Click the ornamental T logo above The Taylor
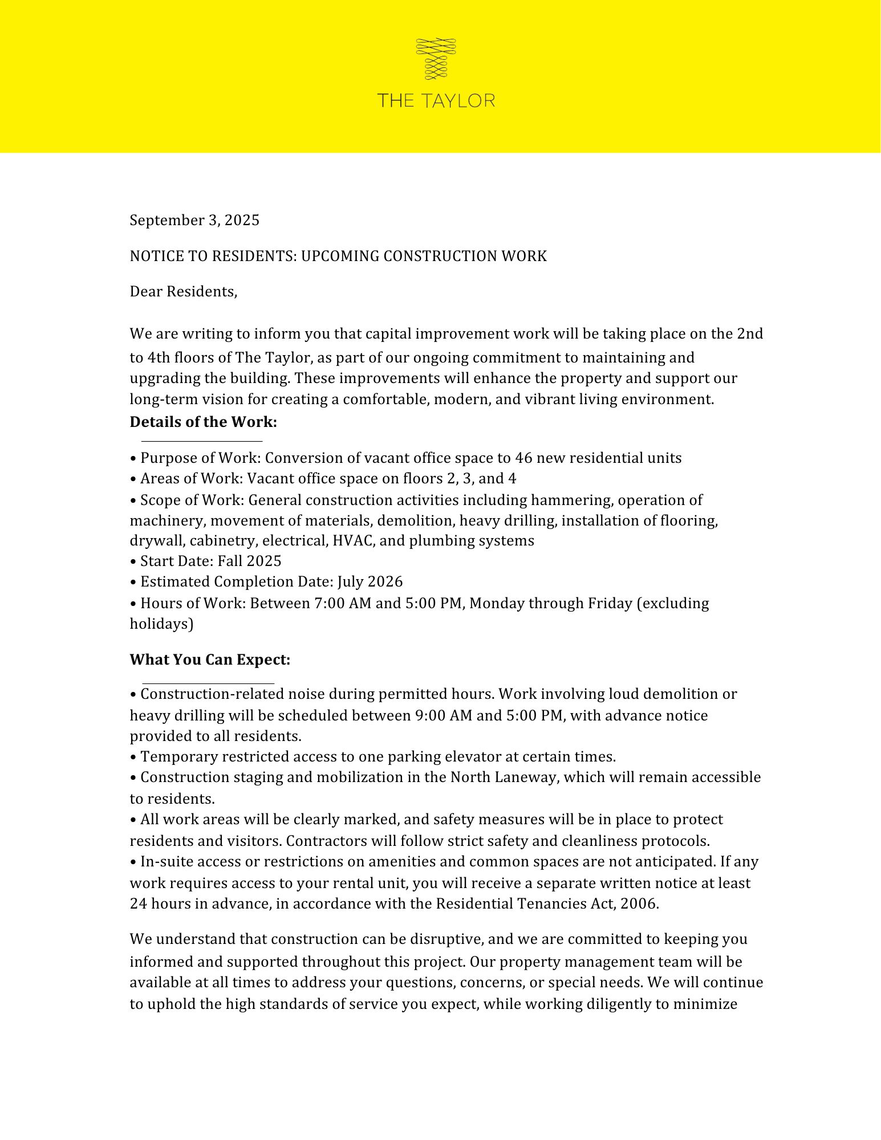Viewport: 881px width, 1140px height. click(436, 59)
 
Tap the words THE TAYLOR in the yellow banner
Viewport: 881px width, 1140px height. click(436, 101)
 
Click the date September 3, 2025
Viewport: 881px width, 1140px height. click(194, 220)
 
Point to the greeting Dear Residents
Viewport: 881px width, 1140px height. click(183, 292)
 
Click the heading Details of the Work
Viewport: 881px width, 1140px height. click(203, 422)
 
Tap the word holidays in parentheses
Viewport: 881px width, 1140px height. click(159, 624)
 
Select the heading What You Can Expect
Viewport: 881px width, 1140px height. click(210, 659)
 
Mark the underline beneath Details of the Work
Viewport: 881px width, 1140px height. click(201, 441)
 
